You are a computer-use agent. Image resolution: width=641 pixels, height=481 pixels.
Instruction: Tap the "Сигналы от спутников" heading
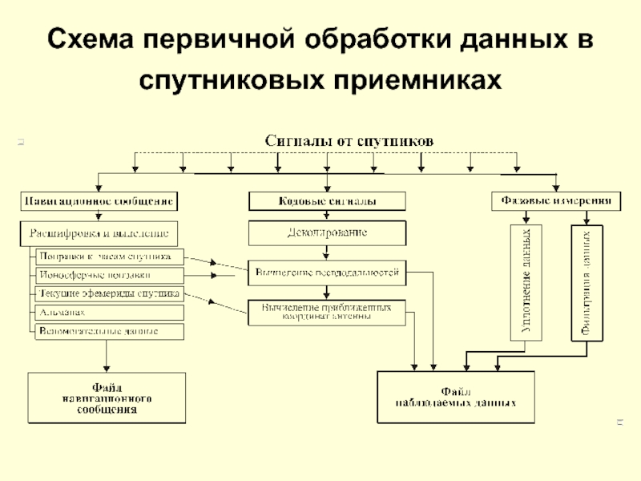point(349,140)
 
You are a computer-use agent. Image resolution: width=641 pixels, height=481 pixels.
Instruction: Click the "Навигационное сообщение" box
point(99,200)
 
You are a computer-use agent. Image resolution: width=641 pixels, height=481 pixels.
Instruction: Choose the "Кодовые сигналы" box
point(326,200)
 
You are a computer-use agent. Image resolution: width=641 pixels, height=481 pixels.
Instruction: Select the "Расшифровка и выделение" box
point(99,233)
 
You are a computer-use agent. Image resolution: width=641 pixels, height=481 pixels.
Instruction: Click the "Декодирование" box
point(326,233)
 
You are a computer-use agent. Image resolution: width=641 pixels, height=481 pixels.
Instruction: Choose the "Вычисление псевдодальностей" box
point(326,273)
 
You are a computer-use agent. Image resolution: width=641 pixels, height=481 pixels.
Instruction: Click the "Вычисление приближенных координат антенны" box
point(326,312)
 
